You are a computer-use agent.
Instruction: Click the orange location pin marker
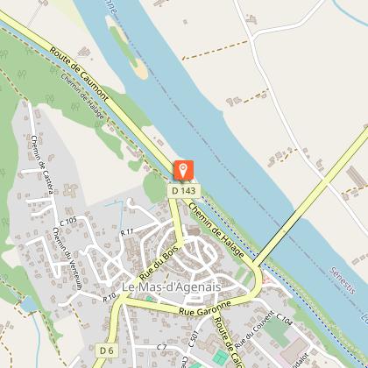pyautogui.click(x=184, y=170)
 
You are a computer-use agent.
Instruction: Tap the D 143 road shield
pyautogui.click(x=184, y=190)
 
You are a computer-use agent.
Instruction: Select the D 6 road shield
pyautogui.click(x=106, y=350)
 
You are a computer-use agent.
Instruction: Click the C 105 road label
pyautogui.click(x=69, y=219)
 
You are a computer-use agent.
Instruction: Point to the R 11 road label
pyautogui.click(x=126, y=231)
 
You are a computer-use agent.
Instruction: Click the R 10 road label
pyautogui.click(x=109, y=298)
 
